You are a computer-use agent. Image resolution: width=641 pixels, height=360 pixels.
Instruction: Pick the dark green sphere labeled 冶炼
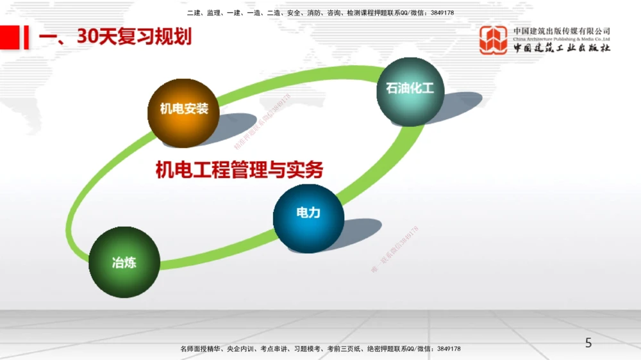coord(124,261)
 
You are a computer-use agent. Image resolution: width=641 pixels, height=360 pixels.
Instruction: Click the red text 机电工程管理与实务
coord(239,170)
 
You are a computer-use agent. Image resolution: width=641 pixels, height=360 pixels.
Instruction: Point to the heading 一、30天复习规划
coord(115,37)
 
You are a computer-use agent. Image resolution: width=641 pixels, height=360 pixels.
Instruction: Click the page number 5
coord(588,343)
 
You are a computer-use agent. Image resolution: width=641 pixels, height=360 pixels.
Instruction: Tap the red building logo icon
coord(494,40)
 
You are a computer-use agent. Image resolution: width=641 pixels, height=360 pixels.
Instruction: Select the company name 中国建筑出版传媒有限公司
coord(562,31)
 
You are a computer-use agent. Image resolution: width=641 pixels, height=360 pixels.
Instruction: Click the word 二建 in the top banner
coord(194,13)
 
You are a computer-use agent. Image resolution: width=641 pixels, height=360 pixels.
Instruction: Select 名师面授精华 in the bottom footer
coord(200,349)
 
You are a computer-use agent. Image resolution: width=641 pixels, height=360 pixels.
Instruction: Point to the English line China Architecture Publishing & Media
coord(562,40)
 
